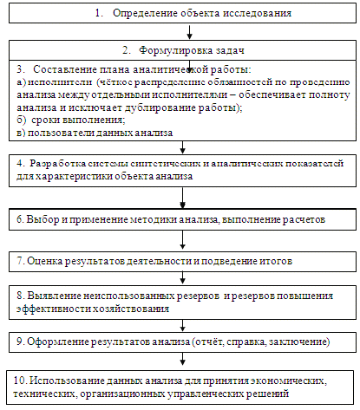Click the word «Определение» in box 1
pos(146,14)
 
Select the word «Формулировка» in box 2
pos(176,50)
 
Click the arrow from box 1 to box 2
pos(189,32)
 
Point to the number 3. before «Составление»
pos(20,69)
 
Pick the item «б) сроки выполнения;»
pos(71,120)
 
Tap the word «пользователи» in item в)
pos(61,133)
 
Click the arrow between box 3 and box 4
pos(182,147)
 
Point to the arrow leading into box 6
pos(182,198)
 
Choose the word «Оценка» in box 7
pos(45,261)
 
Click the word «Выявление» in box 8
pos(54,296)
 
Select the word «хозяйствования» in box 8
pos(131,309)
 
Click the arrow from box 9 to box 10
pos(182,359)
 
